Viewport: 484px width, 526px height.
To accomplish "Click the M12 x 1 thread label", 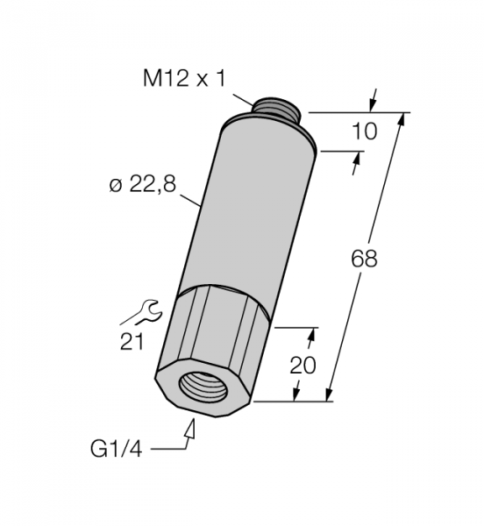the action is (184, 79).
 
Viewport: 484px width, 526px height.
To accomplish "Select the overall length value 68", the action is (364, 259).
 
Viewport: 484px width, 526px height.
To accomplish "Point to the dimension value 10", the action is (364, 131).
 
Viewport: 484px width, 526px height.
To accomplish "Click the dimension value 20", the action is (302, 365).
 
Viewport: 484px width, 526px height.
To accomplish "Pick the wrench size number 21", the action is (132, 342).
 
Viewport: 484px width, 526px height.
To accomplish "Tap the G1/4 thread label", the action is (116, 449).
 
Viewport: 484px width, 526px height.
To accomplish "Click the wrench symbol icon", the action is (148, 312).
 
